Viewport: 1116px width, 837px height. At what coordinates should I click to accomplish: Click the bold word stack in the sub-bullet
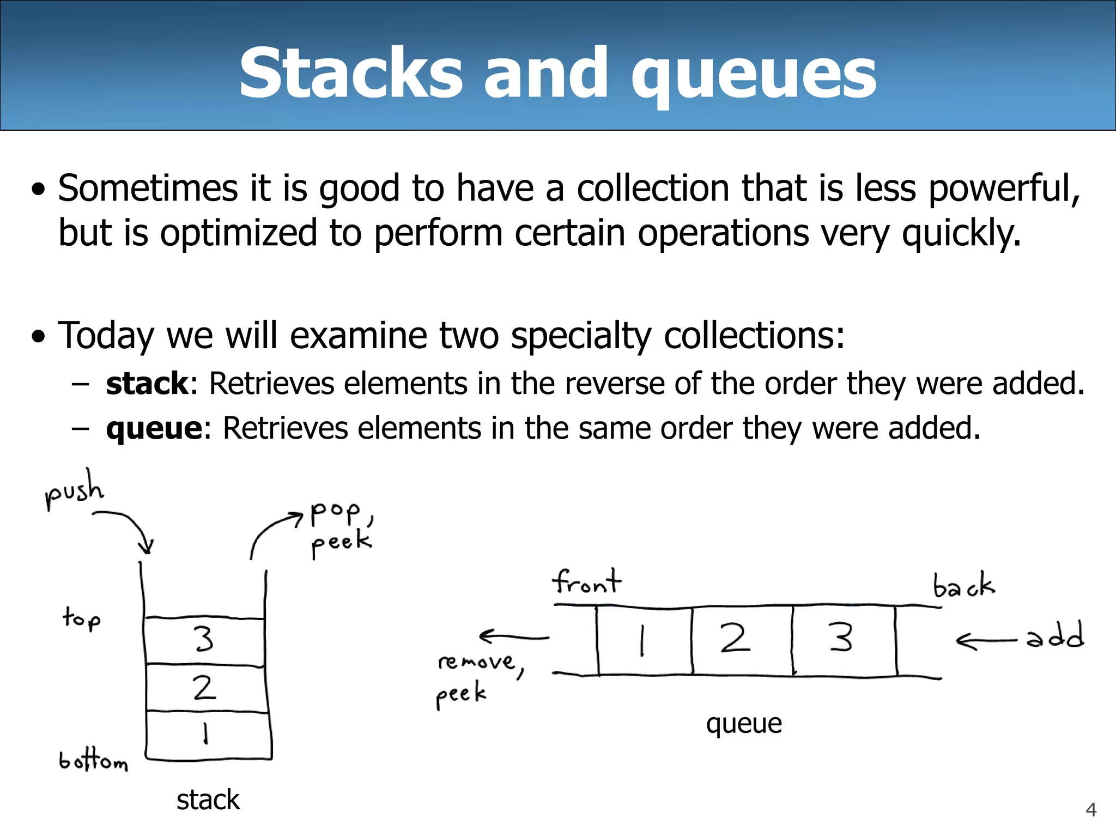click(x=147, y=383)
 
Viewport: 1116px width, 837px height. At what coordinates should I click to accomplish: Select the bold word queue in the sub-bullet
click(x=154, y=428)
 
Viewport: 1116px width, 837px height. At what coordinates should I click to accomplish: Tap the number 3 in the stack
click(x=204, y=639)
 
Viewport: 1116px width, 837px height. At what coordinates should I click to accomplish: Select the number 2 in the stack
click(x=204, y=688)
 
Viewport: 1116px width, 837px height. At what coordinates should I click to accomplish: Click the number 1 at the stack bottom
click(x=205, y=733)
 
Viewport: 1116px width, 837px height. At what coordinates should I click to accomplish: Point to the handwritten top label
click(x=82, y=618)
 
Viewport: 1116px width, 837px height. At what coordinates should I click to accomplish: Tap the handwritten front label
click(x=586, y=581)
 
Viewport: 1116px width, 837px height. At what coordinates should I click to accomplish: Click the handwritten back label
click(x=963, y=586)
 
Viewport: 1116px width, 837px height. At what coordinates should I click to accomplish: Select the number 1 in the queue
click(x=642, y=640)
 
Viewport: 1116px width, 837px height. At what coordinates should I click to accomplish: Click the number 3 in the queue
click(x=841, y=638)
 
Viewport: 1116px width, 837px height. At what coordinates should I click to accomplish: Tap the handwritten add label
click(x=1055, y=636)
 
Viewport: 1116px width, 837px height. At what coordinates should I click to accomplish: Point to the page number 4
click(x=1091, y=810)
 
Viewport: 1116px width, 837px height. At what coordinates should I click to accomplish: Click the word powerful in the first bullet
click(x=1002, y=189)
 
